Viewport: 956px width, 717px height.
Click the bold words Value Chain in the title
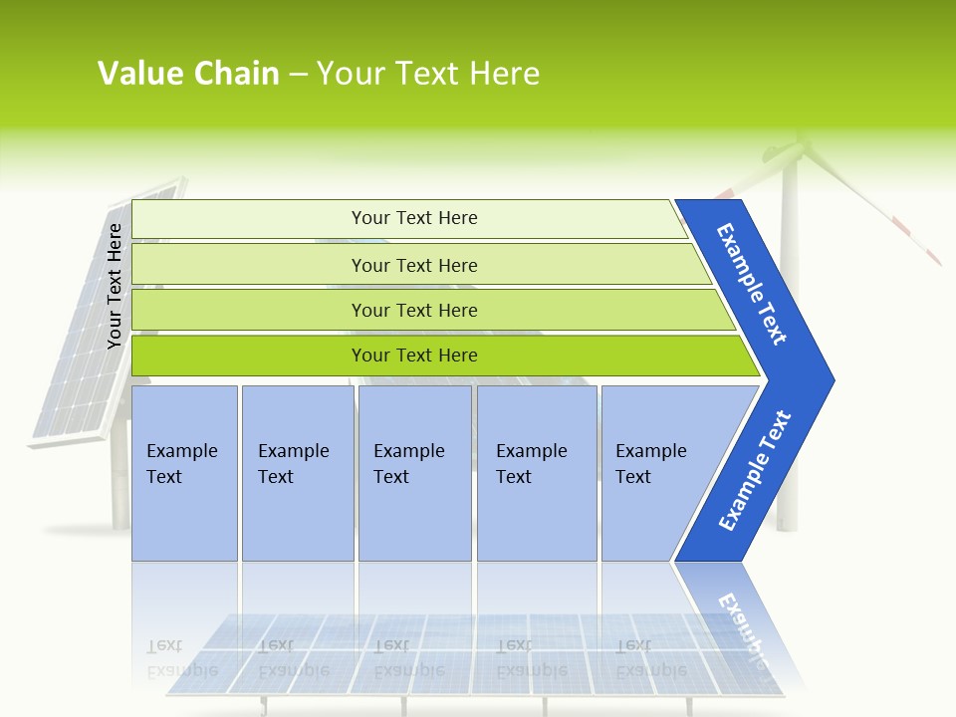(x=188, y=74)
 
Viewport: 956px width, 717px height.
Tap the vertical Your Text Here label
(x=115, y=286)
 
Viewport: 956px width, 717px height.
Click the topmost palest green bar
(x=408, y=218)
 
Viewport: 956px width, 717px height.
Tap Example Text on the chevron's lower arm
(x=754, y=471)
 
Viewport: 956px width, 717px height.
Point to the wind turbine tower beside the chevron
(x=787, y=448)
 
